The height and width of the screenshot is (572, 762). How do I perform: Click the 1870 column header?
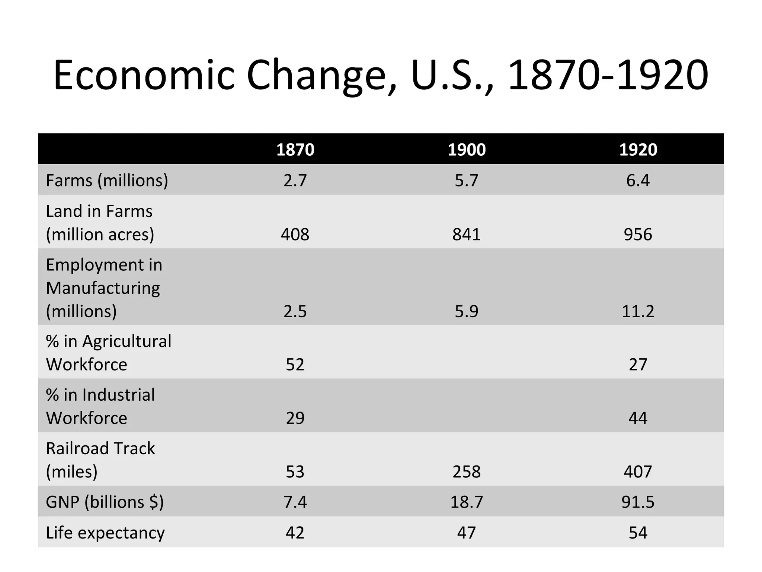point(295,150)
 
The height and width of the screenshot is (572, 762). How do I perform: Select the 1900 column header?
point(467,150)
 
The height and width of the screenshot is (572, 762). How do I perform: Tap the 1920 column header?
point(638,150)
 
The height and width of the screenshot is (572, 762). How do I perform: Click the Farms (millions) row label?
point(107,181)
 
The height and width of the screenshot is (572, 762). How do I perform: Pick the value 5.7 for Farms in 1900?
point(467,181)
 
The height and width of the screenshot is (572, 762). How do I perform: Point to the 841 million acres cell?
point(467,235)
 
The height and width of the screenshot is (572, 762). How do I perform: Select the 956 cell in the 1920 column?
point(638,235)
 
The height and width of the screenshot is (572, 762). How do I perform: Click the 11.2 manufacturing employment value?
point(638,311)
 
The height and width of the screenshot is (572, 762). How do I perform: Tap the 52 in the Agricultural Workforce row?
point(295,365)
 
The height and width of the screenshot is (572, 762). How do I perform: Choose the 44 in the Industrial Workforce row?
point(638,418)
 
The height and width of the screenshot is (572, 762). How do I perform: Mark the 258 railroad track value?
point(467,472)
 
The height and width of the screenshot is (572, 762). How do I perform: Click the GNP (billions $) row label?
point(105,502)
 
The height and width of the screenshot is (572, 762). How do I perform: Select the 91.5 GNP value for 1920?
point(638,502)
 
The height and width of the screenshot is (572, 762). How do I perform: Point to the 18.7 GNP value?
point(467,502)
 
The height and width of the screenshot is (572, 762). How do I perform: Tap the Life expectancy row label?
point(105,533)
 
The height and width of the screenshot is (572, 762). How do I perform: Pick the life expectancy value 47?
point(467,533)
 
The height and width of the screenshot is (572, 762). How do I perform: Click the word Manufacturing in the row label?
point(103,288)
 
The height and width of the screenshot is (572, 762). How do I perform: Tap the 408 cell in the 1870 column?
point(295,235)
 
